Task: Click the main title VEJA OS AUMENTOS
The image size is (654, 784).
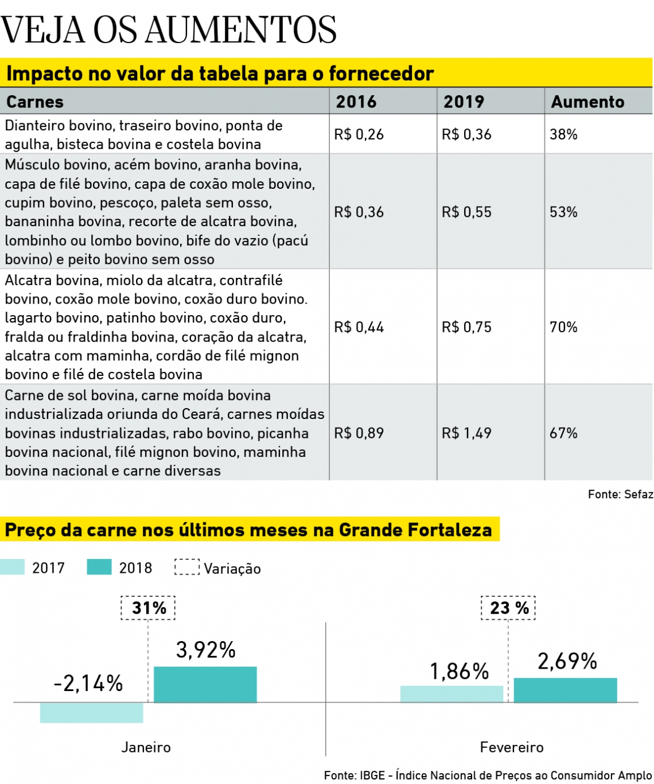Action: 169,30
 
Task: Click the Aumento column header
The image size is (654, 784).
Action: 587,102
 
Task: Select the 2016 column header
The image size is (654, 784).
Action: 356,102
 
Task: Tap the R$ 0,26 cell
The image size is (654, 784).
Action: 359,134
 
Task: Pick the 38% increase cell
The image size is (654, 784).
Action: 563,134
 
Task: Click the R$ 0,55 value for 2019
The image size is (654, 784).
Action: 466,212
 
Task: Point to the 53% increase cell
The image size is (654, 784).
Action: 563,212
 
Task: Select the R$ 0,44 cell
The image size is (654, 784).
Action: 359,327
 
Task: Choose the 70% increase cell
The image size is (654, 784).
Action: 563,327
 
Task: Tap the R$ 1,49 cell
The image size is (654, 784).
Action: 466,433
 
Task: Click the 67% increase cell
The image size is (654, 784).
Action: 563,433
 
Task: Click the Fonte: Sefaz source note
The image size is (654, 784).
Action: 620,494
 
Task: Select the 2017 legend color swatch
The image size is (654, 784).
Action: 13,567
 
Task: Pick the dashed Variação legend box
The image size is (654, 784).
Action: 187,567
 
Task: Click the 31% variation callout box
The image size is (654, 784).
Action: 148,608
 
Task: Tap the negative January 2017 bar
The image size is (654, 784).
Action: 92,712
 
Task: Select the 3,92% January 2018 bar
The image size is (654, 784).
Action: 205,684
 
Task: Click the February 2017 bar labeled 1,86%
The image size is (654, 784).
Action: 451,694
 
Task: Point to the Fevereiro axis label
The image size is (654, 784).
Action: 512,747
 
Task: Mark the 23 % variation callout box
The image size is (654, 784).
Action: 508,608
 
